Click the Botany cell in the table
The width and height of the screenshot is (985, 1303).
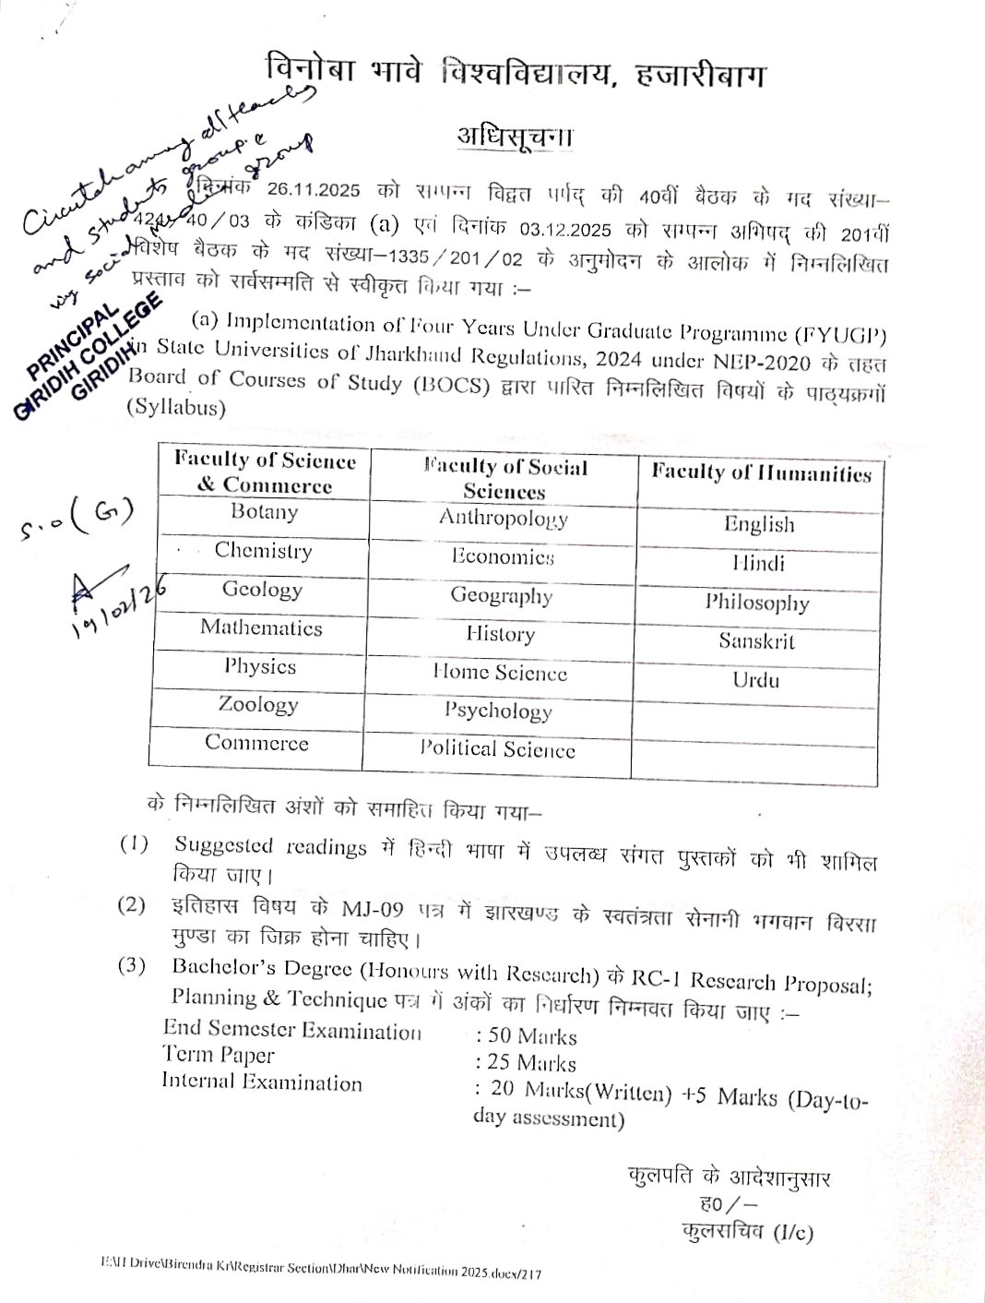[264, 512]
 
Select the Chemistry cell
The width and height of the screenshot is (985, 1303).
[263, 551]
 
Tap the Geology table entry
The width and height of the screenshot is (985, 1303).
[262, 590]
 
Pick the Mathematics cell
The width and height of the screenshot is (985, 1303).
[261, 628]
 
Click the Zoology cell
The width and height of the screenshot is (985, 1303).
[258, 705]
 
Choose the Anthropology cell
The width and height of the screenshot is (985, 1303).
[503, 518]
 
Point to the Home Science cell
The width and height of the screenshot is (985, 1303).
[500, 673]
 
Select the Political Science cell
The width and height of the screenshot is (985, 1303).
[497, 749]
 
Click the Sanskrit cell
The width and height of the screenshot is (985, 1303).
[756, 640]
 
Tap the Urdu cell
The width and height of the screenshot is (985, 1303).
[756, 680]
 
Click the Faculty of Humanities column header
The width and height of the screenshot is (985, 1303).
[761, 473]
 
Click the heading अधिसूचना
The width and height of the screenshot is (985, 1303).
[515, 136]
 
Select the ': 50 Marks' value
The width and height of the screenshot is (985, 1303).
[525, 1036]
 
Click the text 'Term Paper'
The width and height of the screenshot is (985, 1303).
[219, 1055]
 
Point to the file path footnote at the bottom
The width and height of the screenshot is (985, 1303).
[322, 1273]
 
